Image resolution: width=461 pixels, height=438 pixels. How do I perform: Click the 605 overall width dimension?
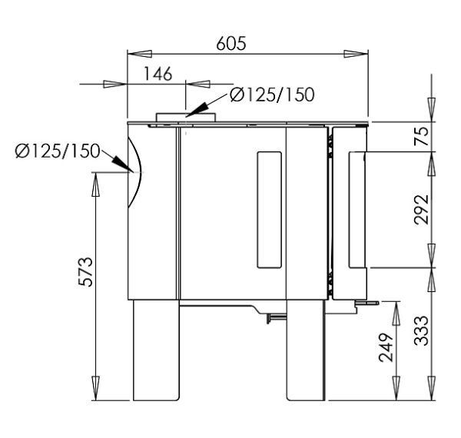(231, 44)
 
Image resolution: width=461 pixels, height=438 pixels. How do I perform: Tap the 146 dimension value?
(158, 74)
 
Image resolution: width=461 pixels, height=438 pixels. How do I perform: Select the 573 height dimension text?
(86, 271)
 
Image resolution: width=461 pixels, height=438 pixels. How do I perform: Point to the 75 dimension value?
(421, 137)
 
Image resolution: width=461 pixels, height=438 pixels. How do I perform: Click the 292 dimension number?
(421, 210)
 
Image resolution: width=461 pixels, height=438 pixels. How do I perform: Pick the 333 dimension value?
(421, 330)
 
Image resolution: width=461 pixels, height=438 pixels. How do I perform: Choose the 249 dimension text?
(386, 347)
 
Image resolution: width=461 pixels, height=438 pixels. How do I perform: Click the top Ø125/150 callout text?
(272, 95)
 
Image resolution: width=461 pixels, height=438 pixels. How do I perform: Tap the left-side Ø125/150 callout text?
(58, 151)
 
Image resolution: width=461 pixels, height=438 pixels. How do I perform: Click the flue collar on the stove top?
(186, 118)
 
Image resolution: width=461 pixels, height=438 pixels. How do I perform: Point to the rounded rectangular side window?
(270, 210)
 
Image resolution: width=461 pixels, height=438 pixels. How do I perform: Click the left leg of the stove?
(156, 350)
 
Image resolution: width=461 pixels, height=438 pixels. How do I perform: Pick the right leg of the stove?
(306, 350)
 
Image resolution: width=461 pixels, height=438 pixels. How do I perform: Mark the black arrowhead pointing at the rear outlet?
(122, 164)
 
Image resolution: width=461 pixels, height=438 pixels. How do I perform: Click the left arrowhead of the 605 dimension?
(139, 54)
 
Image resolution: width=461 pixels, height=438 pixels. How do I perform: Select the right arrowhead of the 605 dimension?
(356, 54)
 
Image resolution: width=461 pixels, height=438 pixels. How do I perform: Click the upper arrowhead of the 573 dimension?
(95, 184)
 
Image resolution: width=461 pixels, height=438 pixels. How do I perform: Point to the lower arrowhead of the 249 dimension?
(396, 388)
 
